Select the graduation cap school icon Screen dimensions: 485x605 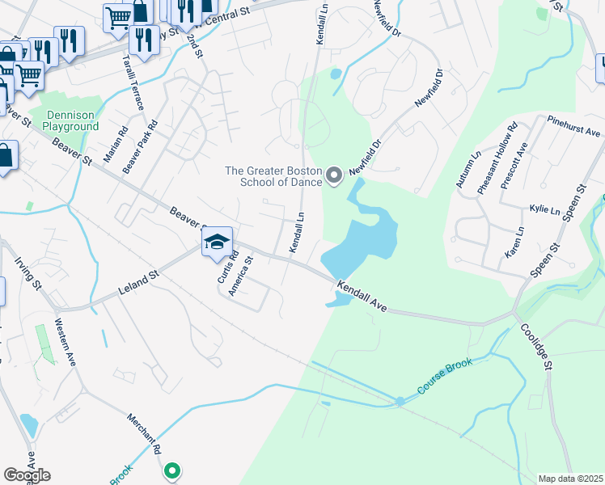point(217,242)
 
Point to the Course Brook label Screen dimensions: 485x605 point(444,378)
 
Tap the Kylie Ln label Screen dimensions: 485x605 point(544,210)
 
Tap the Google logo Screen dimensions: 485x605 point(27,475)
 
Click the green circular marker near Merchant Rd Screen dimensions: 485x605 point(171,469)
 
